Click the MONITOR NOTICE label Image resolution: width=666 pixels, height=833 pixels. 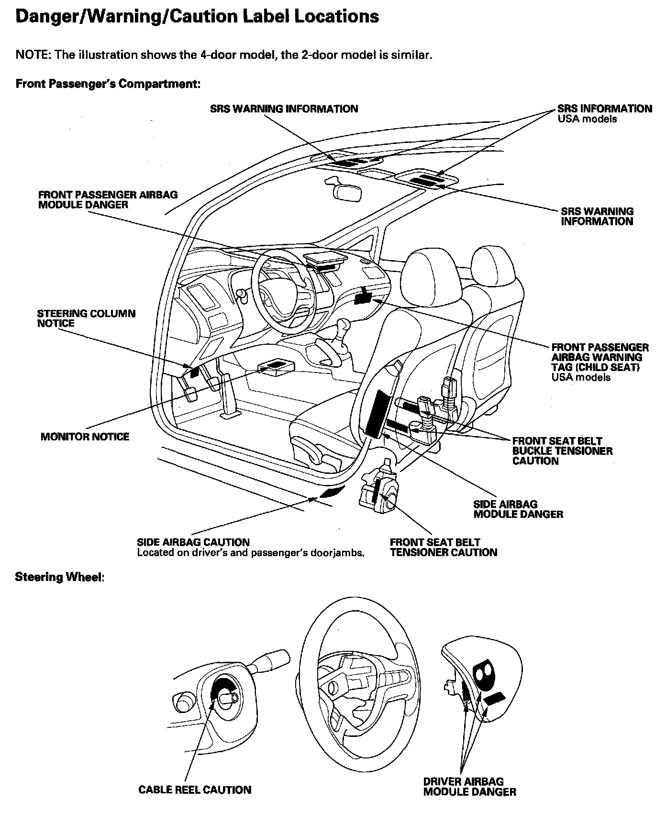point(85,437)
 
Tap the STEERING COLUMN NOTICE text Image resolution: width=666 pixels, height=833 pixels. point(86,318)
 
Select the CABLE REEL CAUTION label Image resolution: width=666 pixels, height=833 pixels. point(195,790)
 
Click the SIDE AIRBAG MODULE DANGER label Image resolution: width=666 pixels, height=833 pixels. point(518,509)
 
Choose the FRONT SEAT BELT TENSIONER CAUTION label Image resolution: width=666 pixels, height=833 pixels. point(443,548)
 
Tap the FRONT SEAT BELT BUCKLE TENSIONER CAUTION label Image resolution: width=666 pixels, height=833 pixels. point(562,451)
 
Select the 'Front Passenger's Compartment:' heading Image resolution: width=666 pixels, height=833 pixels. point(108,84)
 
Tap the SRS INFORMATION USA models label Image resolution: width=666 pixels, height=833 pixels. point(604,114)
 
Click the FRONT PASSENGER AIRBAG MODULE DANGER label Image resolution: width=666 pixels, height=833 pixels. point(108,200)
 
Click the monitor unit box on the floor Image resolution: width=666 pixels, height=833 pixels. point(277,366)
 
